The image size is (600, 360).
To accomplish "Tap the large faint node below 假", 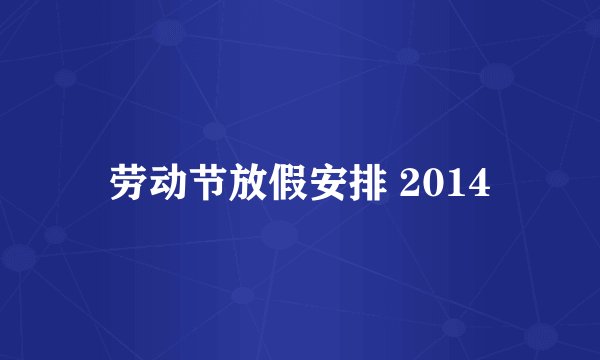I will (x=281, y=236).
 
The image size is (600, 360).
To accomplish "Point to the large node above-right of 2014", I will (x=497, y=75).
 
